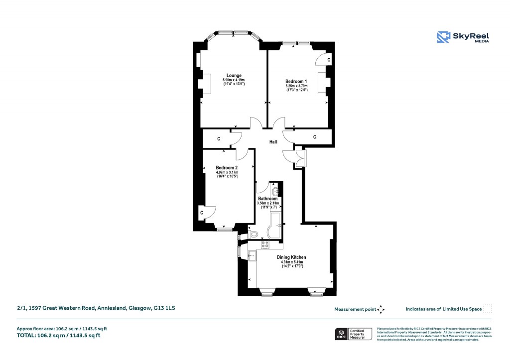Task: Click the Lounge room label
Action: click(234, 76)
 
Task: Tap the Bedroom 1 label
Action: click(296, 81)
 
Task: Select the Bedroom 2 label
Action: click(227, 168)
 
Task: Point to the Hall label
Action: click(273, 142)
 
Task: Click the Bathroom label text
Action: click(267, 199)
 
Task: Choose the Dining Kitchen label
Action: click(291, 257)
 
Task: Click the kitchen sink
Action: click(253, 257)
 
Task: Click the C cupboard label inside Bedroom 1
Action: click(329, 60)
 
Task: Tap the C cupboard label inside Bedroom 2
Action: click(202, 213)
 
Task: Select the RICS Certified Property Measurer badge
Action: click(353, 334)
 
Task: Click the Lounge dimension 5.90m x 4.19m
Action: click(234, 80)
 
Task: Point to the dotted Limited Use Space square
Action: click(488, 309)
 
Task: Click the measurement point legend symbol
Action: click(381, 309)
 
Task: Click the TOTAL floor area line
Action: click(59, 335)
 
